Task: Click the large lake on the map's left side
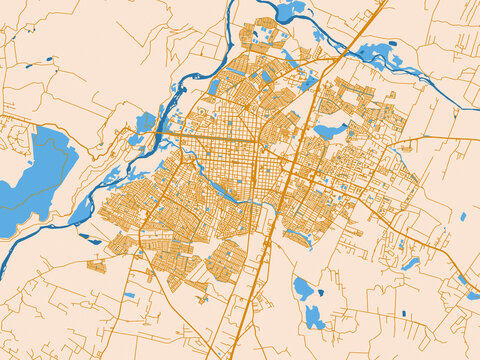40,170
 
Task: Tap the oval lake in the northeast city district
329,130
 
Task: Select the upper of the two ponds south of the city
304,289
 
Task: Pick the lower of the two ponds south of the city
314,318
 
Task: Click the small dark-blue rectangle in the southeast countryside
405,314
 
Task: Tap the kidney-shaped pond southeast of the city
411,264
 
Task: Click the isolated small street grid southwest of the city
97,266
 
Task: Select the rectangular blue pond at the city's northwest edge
214,87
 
